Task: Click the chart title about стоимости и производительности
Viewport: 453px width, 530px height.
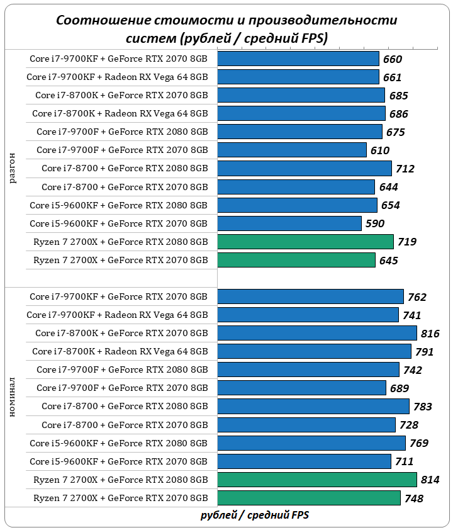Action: click(226, 29)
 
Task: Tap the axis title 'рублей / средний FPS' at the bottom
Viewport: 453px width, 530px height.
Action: click(255, 515)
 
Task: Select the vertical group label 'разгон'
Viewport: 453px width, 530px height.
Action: click(13, 167)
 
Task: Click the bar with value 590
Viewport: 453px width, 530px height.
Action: click(289, 223)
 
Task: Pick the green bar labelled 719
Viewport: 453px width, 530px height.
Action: click(305, 242)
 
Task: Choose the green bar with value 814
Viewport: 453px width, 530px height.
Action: click(317, 480)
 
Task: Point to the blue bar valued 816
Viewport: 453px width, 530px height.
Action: click(317, 333)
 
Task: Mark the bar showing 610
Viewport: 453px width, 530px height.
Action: click(292, 150)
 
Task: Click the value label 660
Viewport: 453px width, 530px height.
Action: click(392, 60)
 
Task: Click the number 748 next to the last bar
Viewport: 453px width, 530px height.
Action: click(413, 499)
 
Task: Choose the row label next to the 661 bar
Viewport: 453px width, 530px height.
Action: click(117, 77)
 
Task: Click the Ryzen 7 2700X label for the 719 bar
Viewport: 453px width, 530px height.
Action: click(120, 242)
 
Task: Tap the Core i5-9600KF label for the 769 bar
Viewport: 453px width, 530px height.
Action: click(118, 443)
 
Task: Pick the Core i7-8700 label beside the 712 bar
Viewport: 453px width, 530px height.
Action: click(125, 168)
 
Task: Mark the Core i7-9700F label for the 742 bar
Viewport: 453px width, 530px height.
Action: click(122, 369)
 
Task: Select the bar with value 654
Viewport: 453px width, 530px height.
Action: click(297, 205)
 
